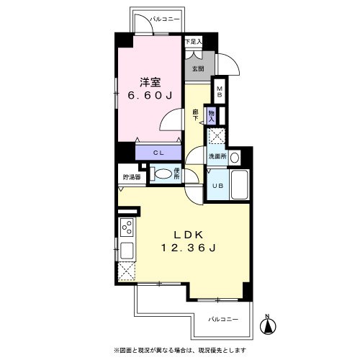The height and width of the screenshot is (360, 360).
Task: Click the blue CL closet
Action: click(x=159, y=152)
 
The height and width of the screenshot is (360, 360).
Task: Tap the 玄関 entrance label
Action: click(x=197, y=69)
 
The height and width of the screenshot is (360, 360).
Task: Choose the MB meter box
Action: click(x=220, y=92)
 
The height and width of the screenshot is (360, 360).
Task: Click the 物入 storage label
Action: click(x=211, y=114)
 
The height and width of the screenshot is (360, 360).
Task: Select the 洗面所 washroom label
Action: click(x=217, y=156)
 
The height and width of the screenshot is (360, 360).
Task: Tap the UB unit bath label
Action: click(x=217, y=184)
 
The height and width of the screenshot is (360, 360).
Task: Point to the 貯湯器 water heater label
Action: click(x=130, y=174)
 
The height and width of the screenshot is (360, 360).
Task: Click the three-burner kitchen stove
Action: click(x=127, y=229)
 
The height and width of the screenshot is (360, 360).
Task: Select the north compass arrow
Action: click(x=268, y=325)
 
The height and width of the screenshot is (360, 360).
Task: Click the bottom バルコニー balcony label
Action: click(x=223, y=318)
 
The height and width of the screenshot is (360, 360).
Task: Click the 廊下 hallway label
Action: click(x=195, y=113)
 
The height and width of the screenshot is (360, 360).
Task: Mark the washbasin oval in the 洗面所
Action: click(x=235, y=156)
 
